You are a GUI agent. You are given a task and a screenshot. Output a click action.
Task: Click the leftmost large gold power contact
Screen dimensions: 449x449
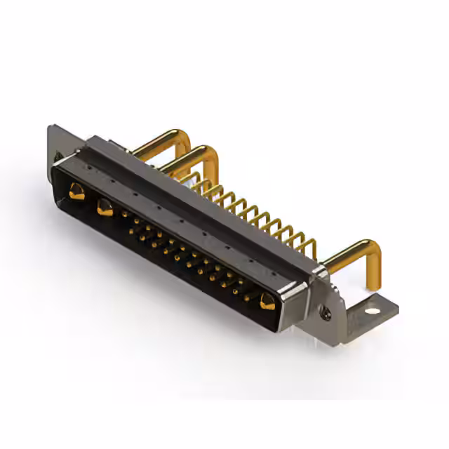point(76,191)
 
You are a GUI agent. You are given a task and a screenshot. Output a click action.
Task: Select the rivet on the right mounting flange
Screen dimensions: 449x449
point(326,315)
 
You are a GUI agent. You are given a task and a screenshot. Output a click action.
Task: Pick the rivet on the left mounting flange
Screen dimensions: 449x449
point(58,156)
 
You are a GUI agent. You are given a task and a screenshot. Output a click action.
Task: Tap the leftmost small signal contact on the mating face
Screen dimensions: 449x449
point(126,215)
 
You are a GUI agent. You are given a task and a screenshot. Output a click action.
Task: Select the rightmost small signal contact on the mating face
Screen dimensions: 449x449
point(246,297)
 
